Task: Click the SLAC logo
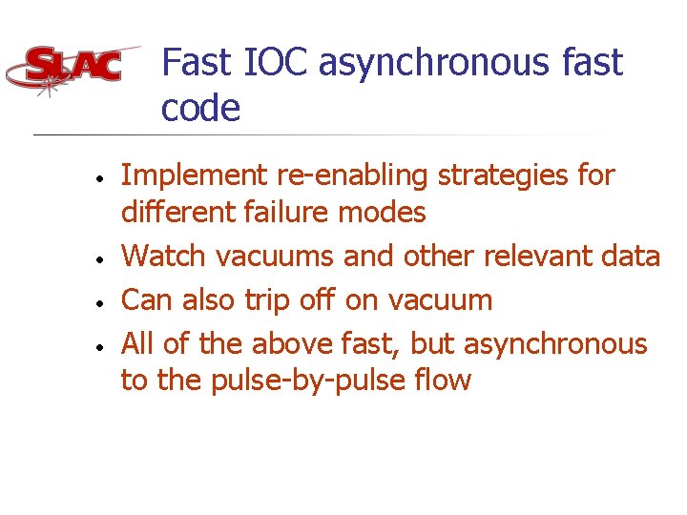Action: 73,68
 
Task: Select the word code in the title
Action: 200,108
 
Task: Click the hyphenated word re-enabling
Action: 339,176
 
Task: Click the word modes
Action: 385,212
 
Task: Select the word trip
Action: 272,300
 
